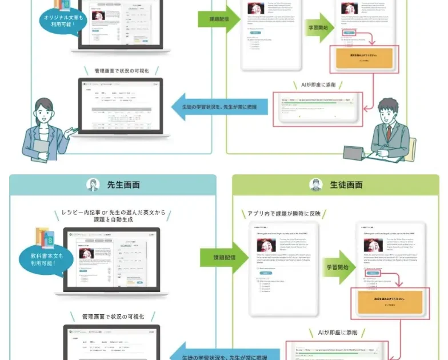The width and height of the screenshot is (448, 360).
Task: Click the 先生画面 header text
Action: [x=123, y=185]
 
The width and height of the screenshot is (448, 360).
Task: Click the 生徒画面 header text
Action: [x=346, y=185]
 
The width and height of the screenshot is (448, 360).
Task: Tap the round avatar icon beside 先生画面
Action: [x=93, y=185]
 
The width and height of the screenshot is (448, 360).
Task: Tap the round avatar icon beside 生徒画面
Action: [x=316, y=185]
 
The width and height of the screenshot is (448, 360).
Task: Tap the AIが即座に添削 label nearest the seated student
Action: [x=322, y=85]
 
